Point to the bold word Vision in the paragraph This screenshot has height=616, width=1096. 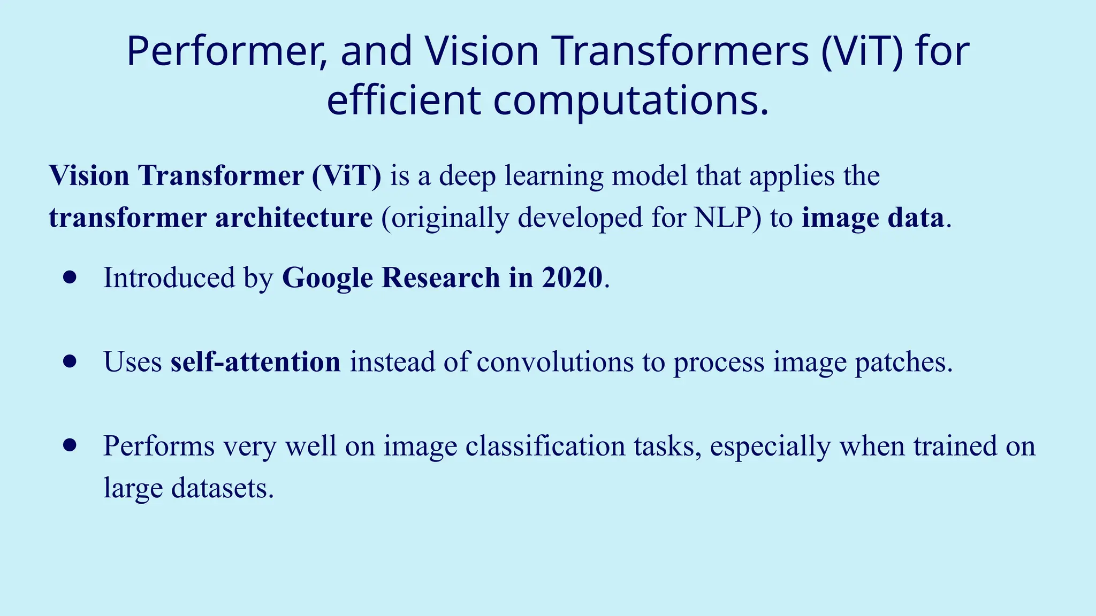point(89,175)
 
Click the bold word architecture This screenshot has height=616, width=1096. point(294,218)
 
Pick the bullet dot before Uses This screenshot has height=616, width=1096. point(70,361)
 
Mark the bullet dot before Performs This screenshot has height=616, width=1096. point(70,445)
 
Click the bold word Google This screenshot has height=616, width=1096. point(328,278)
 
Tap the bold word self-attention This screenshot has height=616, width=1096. point(255,362)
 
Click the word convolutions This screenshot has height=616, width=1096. point(555,362)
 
